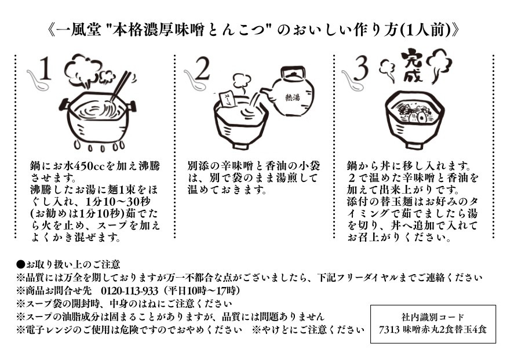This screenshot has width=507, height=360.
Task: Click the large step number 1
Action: (45, 68)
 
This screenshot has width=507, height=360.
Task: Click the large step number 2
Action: (202, 68)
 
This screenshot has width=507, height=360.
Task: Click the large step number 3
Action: (361, 68)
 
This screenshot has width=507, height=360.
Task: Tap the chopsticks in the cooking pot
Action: (121, 86)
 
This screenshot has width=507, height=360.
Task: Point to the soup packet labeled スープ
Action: (226, 99)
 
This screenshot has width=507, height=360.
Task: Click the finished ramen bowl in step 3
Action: (413, 119)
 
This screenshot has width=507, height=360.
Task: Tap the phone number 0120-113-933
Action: (130, 290)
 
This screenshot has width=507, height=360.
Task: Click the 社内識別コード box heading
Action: (433, 317)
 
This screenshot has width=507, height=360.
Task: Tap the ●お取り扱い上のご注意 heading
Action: (68, 264)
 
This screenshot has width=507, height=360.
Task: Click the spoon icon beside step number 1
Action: (38, 80)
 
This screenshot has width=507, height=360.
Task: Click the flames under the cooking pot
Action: (99, 146)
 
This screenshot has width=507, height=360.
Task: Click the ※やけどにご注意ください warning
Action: (308, 330)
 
